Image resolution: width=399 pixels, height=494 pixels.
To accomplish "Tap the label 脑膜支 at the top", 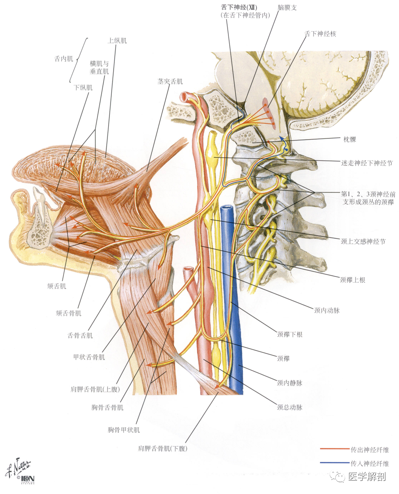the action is click(x=287, y=8).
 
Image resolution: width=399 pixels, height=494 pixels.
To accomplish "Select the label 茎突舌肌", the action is click(x=170, y=81).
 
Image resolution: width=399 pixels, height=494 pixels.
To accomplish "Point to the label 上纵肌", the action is click(x=117, y=40).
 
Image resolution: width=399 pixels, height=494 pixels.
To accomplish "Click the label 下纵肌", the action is click(x=83, y=88).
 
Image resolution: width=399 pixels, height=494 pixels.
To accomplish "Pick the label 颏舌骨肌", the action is click(x=69, y=313).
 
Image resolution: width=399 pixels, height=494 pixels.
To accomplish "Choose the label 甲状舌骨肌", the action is click(x=89, y=357).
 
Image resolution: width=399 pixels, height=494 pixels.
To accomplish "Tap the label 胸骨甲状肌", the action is click(x=124, y=430).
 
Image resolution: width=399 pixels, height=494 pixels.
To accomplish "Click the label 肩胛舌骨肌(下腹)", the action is click(x=163, y=448).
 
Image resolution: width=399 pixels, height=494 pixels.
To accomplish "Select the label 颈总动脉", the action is click(x=290, y=407).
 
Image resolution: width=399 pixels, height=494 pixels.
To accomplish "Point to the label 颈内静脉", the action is click(x=290, y=383).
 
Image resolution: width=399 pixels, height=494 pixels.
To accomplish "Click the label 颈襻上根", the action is click(x=352, y=280).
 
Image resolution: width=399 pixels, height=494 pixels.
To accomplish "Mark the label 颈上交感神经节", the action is click(x=363, y=242).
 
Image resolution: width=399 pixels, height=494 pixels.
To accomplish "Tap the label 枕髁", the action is click(x=349, y=139).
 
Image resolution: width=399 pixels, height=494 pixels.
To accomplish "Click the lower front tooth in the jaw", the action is click(x=40, y=202).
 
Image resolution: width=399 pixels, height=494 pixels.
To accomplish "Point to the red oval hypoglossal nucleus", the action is click(x=268, y=113).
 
